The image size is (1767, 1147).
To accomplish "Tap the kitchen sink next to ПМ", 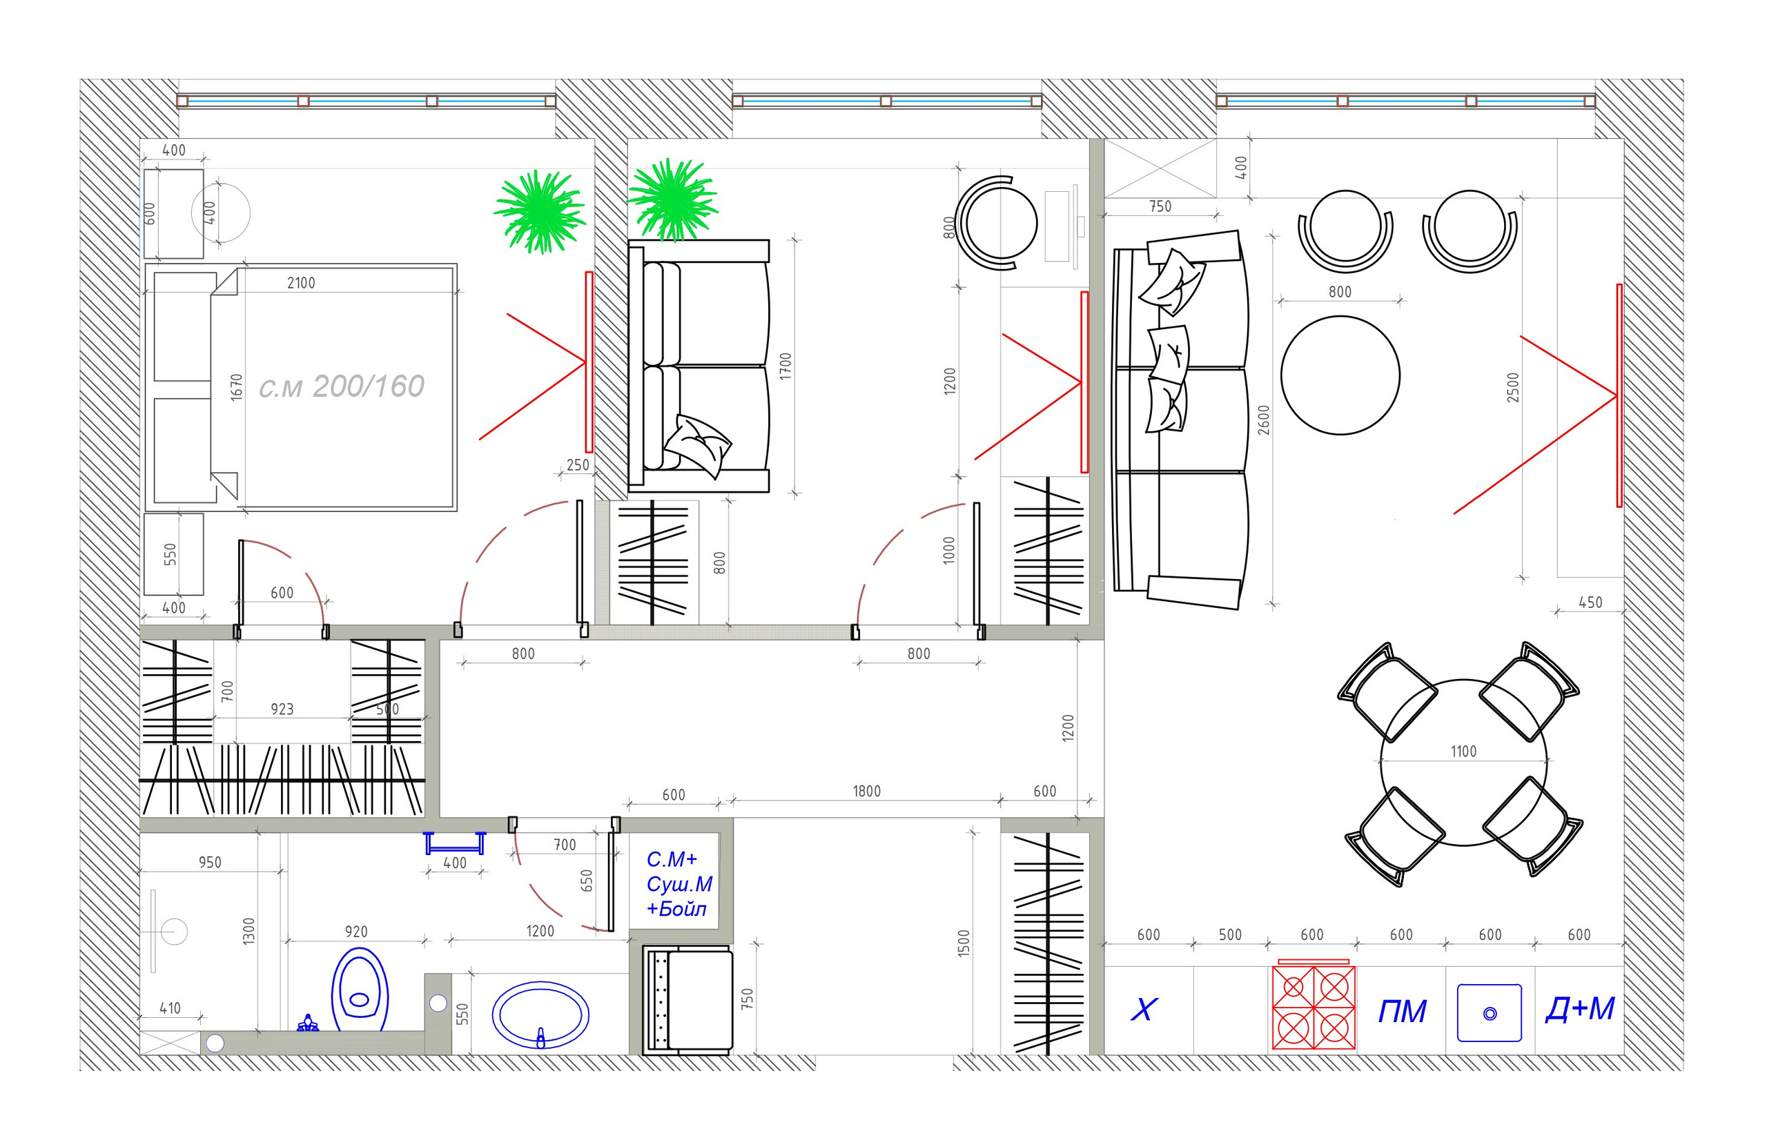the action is [1490, 1012].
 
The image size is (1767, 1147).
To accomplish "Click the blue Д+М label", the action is [1580, 1009].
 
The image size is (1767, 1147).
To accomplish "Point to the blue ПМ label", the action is [1403, 1012].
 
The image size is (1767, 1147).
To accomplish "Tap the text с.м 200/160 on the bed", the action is [342, 386].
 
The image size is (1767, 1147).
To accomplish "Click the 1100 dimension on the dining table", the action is [1463, 752].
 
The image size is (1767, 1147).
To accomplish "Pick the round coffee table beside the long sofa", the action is [1340, 375].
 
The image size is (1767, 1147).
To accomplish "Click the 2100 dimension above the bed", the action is [301, 283].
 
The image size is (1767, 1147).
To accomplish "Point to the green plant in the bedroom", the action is [540, 212].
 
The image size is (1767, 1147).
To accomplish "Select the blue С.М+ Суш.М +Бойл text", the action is [679, 883].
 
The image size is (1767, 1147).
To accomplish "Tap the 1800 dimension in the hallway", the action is [866, 792].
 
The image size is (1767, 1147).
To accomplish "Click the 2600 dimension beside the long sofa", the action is [1264, 420].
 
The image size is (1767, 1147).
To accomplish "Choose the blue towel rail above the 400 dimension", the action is [454, 843].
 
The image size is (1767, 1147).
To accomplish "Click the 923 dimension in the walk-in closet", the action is [282, 709].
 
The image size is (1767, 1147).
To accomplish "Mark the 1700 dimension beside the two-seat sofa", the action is [785, 366].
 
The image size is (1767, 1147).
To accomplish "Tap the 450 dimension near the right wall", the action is [1590, 602].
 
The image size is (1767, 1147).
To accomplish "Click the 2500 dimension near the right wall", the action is [1513, 388].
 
